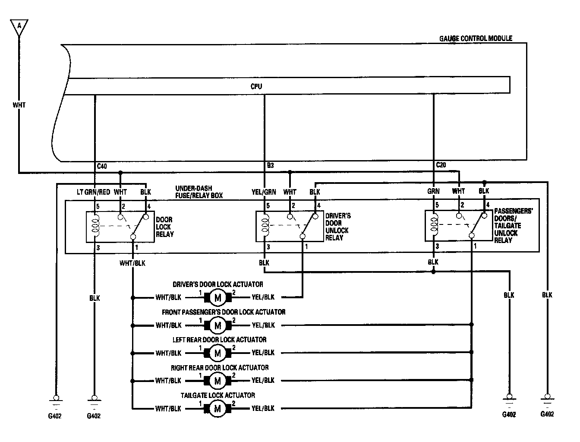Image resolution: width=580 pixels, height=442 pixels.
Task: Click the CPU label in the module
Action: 256,86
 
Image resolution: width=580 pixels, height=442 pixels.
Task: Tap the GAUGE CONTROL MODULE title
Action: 476,38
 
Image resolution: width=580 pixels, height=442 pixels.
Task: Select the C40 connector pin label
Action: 102,166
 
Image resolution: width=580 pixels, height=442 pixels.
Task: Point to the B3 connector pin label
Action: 270,165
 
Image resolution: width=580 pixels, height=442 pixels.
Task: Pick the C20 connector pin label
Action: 441,165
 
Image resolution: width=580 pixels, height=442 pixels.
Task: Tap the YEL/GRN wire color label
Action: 263,192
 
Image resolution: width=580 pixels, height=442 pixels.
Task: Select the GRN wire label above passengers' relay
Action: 433,191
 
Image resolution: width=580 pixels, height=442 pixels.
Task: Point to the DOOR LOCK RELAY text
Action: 164,227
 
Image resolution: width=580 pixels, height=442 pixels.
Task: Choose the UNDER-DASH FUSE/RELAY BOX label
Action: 199,192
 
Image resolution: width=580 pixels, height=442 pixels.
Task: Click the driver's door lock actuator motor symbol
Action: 217,297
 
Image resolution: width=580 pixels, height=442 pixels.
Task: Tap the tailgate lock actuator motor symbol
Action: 217,408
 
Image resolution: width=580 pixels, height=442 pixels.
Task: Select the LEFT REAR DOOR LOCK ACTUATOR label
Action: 219,340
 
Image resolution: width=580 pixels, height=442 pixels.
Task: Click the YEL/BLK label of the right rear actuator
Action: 263,380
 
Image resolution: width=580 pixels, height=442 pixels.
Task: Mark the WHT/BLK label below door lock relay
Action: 132,263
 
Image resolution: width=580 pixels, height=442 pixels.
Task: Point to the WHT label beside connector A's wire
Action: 19,104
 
